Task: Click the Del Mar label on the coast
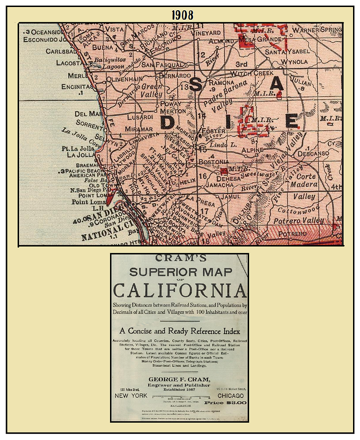[88, 114]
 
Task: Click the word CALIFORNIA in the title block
[180, 290]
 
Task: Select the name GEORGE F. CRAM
[179, 379]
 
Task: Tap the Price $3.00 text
[225, 402]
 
